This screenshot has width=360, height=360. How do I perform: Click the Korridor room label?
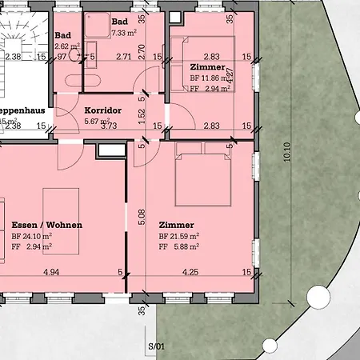coord(102,109)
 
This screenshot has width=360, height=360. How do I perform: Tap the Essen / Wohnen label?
coord(47,225)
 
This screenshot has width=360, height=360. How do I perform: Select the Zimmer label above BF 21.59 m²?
coord(176,225)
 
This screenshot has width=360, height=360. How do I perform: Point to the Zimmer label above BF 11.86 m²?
coord(207,67)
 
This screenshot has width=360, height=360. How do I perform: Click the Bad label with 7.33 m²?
coord(120,22)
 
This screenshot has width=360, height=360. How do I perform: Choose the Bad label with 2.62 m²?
coord(63,36)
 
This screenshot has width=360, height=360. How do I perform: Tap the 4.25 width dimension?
coord(190,273)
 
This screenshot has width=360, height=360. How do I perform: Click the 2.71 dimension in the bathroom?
coord(123,58)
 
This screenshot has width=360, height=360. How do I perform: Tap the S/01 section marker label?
coord(156,346)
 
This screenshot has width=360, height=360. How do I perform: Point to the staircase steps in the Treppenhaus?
coord(21,37)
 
